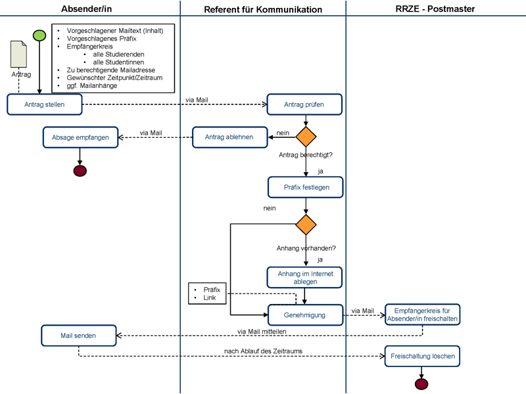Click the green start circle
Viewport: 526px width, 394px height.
pos(39,35)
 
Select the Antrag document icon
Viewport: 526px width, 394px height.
pos(19,54)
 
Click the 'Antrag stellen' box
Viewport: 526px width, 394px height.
pos(45,104)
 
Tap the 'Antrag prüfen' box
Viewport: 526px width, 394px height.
pos(304,104)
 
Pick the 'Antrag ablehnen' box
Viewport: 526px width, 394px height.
pos(229,137)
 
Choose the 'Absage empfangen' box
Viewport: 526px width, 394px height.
pos(80,137)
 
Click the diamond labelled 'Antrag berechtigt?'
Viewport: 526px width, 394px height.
pos(306,137)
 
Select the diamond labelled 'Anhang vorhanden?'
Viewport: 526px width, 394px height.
pos(306,225)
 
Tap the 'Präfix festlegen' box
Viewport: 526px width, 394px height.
pos(306,187)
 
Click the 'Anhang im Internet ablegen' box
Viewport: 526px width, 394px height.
pos(304,277)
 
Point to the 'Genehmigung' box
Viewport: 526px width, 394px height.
pos(306,315)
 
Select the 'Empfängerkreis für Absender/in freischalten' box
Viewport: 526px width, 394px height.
pos(422,315)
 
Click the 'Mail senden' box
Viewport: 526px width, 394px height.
pos(79,336)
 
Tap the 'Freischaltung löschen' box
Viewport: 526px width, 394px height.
pos(422,356)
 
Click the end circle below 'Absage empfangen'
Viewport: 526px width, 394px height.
pos(80,171)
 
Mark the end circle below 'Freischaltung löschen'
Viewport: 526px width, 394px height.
pos(421,384)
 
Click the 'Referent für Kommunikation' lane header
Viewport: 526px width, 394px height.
pos(263,9)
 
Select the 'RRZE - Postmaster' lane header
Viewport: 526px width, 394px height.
pos(435,9)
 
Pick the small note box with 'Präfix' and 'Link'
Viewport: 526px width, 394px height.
pos(207,294)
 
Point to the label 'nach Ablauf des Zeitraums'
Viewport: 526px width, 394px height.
pos(264,351)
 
